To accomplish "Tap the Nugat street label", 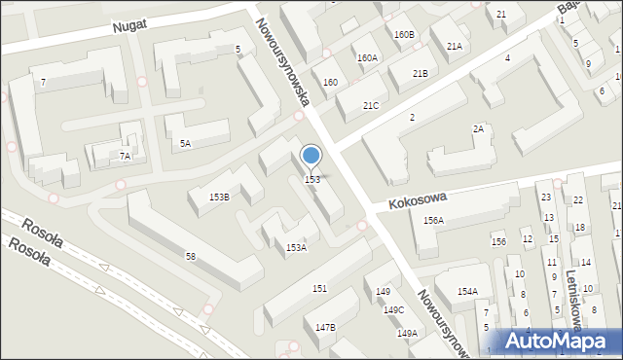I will click(x=128, y=27).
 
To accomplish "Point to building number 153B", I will click(x=219, y=198).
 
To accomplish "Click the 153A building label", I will click(x=296, y=248).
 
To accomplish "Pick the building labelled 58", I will click(x=191, y=257).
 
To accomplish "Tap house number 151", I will click(x=319, y=289).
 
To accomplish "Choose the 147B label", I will click(x=325, y=327).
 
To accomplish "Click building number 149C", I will click(x=393, y=310).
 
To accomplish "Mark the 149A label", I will click(x=407, y=333).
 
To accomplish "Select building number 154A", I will click(x=467, y=292).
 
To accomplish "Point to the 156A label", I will click(x=433, y=221).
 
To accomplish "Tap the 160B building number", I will click(x=404, y=35).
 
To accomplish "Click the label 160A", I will click(x=367, y=58).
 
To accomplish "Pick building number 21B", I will click(x=420, y=74).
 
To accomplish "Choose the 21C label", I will click(x=371, y=105).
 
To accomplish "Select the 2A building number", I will click(x=478, y=129).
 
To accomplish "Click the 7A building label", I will click(x=125, y=156).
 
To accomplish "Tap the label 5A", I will click(x=185, y=144).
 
